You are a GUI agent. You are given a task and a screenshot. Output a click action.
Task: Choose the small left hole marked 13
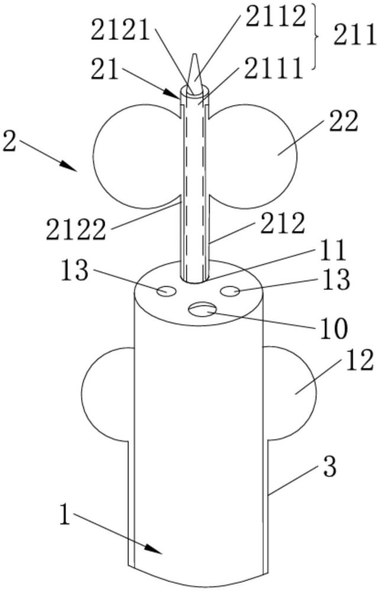[x=165, y=291]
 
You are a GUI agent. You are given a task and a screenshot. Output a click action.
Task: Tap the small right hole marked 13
[x=229, y=290]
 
